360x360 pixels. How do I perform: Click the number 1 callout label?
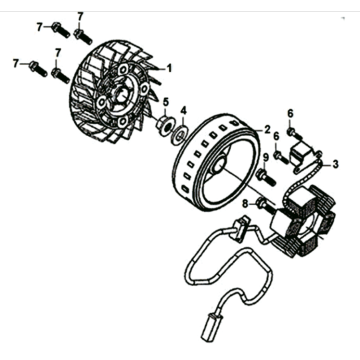click(169, 68)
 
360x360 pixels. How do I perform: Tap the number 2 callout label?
click(267, 130)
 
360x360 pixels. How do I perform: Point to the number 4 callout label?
click(182, 109)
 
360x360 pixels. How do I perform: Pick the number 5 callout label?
click(165, 103)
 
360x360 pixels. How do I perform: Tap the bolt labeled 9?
click(266, 178)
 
